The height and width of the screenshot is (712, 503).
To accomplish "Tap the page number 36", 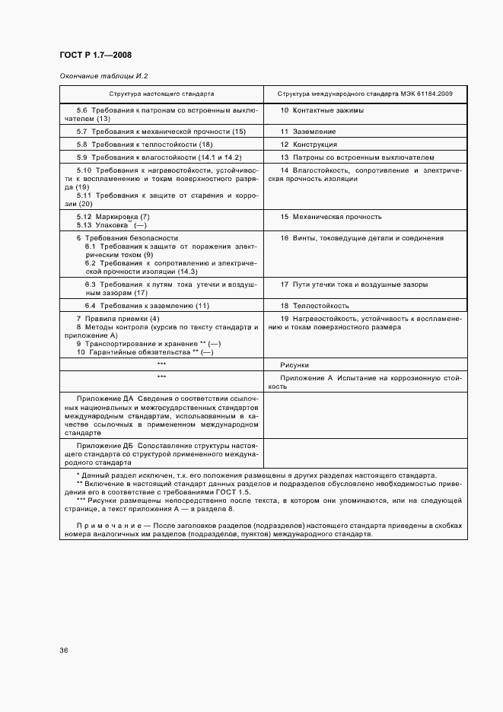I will (64, 650).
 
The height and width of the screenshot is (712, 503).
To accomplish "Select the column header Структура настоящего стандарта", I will (161, 94).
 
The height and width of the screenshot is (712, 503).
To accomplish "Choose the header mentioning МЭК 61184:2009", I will (365, 94).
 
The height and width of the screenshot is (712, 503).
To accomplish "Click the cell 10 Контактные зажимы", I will (322, 110).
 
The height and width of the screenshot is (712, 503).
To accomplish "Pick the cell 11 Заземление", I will (308, 132).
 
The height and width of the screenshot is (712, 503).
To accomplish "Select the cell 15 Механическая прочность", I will (331, 217).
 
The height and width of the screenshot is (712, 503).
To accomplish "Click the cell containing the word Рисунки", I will (294, 364).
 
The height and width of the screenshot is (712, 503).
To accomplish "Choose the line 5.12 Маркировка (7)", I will (113, 217).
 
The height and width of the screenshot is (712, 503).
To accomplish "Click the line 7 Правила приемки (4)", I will (118, 317).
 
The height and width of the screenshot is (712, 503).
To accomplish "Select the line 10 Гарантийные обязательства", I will (144, 352).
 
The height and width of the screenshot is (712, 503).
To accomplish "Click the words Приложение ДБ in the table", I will (103, 445).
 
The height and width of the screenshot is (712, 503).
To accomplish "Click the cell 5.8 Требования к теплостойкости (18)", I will (144, 144).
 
